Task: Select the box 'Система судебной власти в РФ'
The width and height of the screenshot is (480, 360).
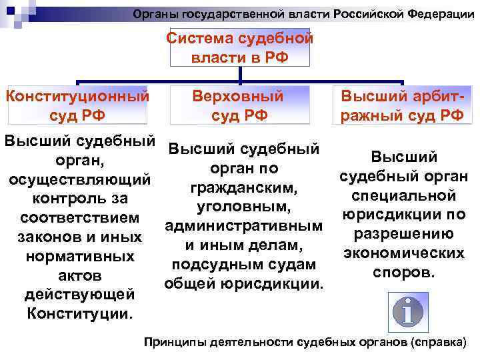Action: click(239, 48)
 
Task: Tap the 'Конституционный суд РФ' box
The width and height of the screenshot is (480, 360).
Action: click(76, 105)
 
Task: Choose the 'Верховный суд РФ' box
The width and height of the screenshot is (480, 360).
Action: click(239, 105)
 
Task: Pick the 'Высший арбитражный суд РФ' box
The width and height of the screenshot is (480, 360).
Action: click(402, 105)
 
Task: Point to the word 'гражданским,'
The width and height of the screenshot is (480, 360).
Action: click(243, 188)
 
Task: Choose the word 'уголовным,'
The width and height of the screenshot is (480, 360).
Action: click(243, 207)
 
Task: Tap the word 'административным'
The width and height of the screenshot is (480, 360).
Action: click(243, 227)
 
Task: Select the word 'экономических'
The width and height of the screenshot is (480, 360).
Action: click(404, 253)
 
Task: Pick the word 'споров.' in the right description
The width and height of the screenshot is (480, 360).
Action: click(404, 273)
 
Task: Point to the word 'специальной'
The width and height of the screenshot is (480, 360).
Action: click(404, 196)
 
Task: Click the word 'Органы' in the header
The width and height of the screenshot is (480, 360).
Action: click(153, 13)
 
